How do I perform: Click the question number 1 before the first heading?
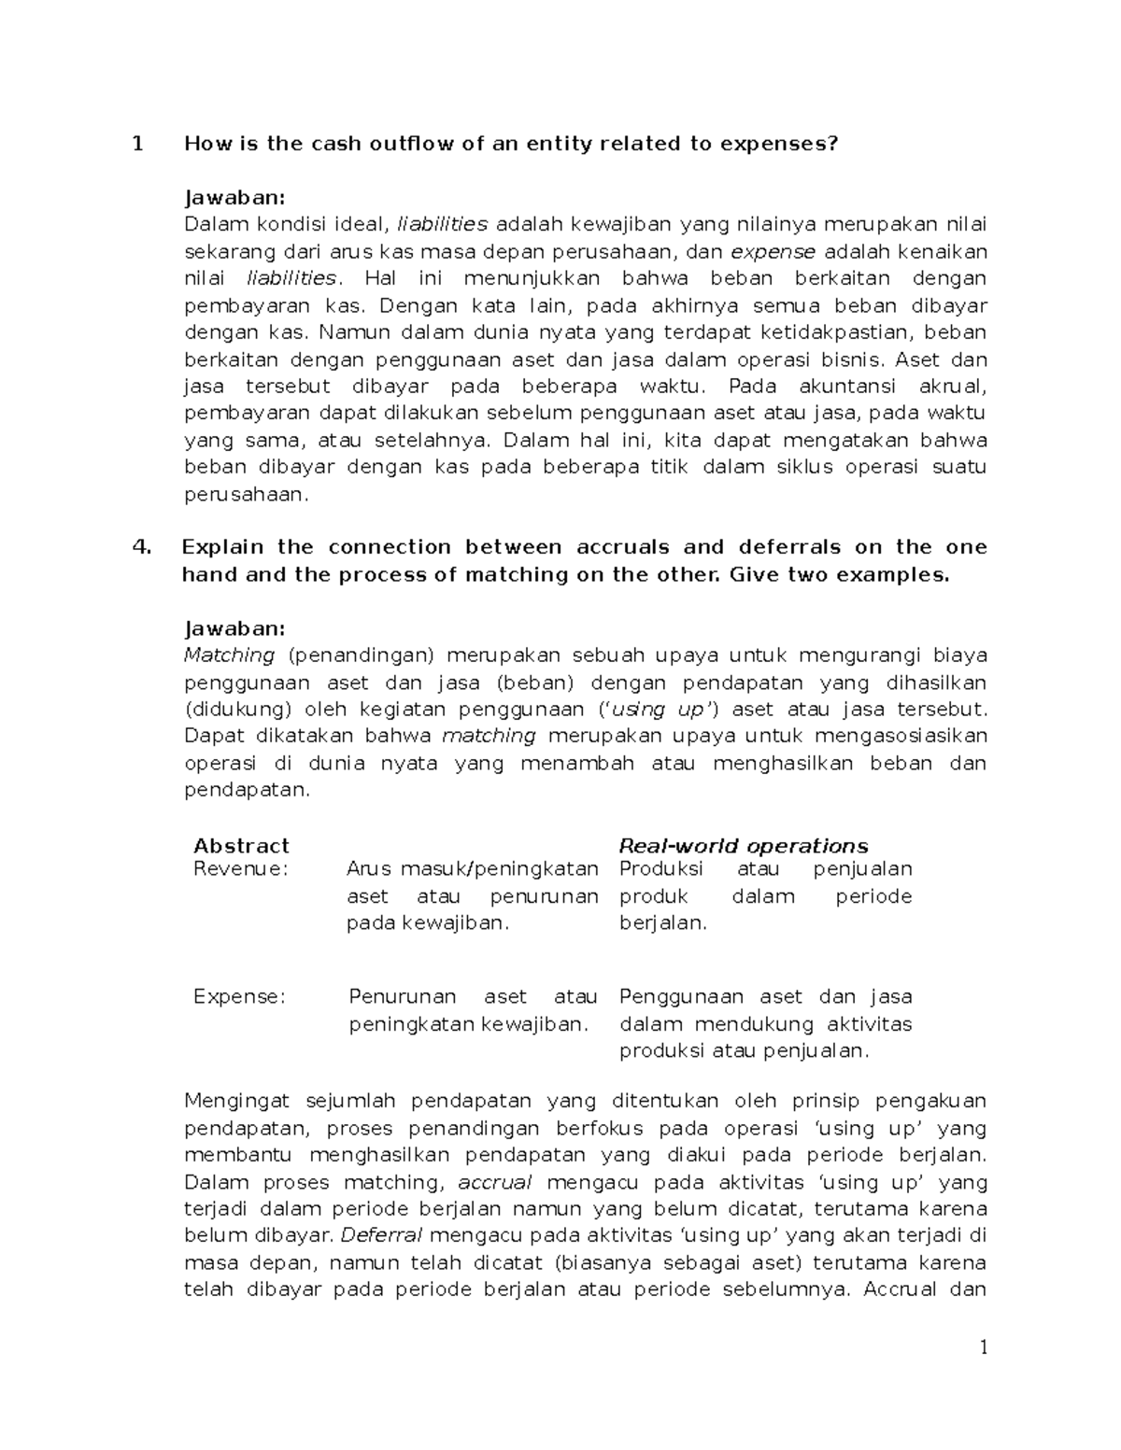pos(138,144)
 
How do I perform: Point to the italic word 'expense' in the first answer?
pos(773,252)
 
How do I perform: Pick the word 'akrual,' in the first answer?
pos(952,387)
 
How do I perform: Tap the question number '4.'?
pos(142,547)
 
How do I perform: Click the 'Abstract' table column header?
pos(241,846)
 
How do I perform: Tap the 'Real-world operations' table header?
pos(744,846)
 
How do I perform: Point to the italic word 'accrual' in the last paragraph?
pos(495,1182)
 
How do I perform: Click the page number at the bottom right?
pos(983,1347)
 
